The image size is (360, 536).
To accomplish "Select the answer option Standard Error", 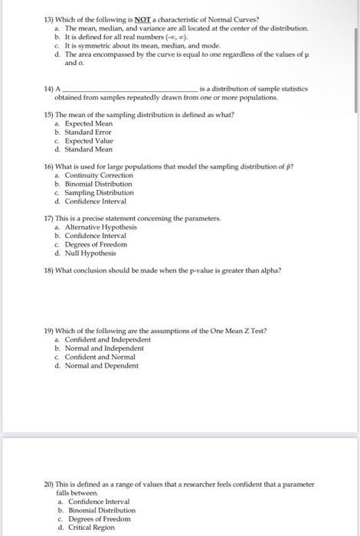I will tap(88, 132).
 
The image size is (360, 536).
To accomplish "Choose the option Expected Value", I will tap(89, 142).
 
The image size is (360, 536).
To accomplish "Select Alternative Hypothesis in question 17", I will tap(100, 227).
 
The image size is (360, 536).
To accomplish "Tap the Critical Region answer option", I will tap(90, 527).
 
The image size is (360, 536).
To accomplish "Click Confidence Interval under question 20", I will tap(96, 502).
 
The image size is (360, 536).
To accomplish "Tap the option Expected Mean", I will tap(89, 123).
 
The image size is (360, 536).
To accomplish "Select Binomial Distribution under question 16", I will tap(98, 184).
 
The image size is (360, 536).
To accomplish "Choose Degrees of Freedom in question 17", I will tap(95, 244).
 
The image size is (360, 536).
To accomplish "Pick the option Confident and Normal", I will tap(97, 358).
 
